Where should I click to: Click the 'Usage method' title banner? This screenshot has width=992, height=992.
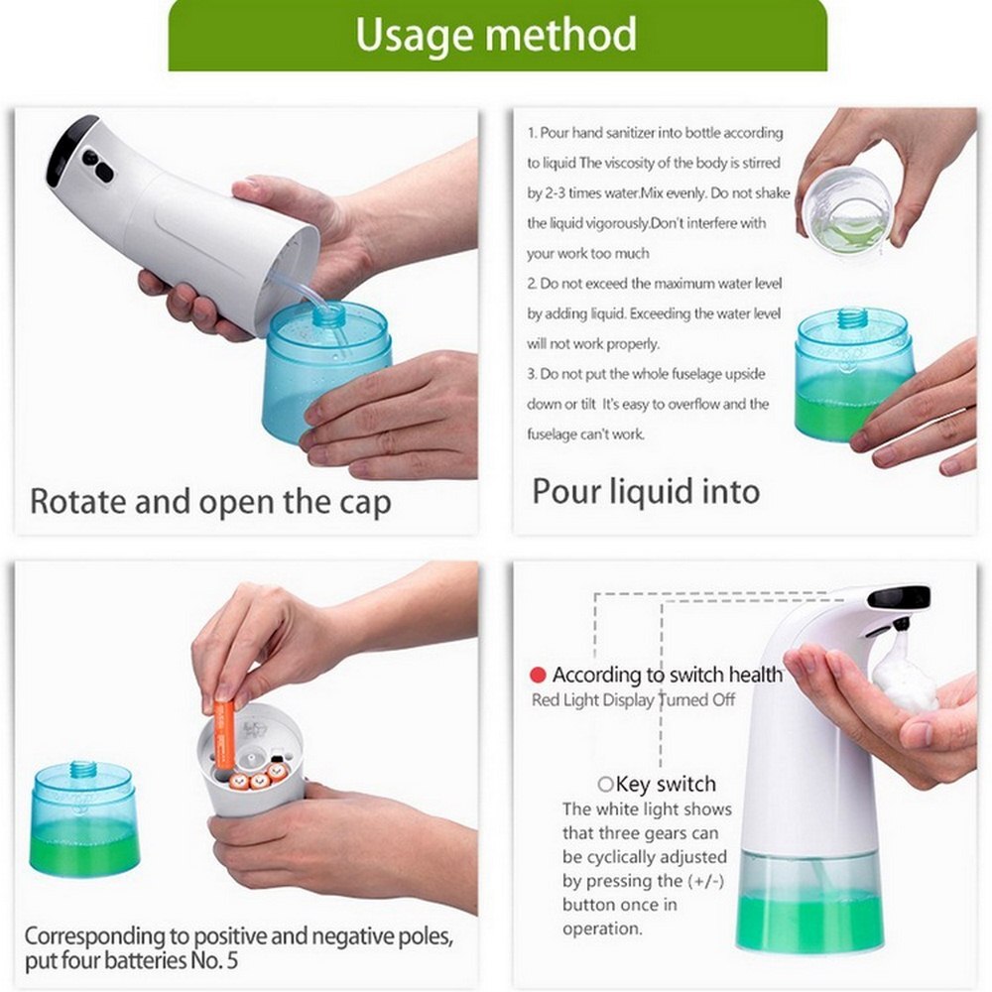pos(496,35)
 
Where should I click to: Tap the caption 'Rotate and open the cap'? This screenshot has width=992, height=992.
pos(210,501)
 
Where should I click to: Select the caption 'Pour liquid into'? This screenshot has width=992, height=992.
pos(646,491)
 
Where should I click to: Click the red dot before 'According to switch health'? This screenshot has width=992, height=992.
pos(538,676)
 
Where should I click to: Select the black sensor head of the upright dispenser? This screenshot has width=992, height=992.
pos(898,598)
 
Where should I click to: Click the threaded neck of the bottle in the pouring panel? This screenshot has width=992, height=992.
pos(851,319)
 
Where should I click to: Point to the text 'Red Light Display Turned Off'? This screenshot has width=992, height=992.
pos(634,700)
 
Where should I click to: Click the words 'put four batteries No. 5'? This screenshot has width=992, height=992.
pos(132,960)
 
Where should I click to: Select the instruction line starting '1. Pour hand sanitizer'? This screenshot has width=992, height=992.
pos(655,133)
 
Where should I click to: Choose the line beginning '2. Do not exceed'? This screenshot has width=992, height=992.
pos(655,284)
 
